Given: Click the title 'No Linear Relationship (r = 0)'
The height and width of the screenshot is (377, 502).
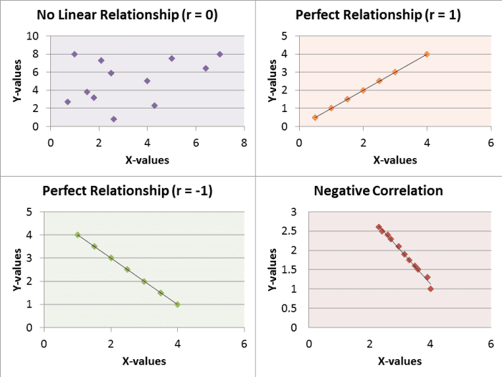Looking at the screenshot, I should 127,14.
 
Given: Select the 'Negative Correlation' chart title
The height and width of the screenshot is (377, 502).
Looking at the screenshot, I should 378,190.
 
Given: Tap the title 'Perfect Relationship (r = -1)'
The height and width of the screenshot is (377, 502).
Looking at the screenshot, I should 128,190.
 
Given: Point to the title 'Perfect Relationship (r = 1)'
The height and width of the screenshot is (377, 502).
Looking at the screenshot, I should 378,14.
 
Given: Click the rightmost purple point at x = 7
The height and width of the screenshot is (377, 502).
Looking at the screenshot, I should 219,54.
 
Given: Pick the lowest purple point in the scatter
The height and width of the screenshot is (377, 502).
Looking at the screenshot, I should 113,119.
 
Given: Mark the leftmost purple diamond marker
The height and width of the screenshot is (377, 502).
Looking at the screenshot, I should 67,102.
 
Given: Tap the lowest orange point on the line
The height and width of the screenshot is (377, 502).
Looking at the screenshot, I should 315,117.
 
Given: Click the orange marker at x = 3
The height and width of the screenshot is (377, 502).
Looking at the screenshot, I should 395,72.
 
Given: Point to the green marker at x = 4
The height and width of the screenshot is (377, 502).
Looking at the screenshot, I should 177,304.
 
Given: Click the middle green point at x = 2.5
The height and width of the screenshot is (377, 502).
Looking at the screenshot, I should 127,269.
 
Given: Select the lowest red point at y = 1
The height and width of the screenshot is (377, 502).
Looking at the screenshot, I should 430,289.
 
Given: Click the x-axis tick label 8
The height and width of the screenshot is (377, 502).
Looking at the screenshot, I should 245,141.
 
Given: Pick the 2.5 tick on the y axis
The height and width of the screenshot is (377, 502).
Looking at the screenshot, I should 288,231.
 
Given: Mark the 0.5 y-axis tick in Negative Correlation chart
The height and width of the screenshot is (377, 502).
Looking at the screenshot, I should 288,308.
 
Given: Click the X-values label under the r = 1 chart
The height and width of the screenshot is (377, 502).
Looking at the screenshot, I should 394,159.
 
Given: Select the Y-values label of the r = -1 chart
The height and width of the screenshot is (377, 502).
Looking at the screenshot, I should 16,269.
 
